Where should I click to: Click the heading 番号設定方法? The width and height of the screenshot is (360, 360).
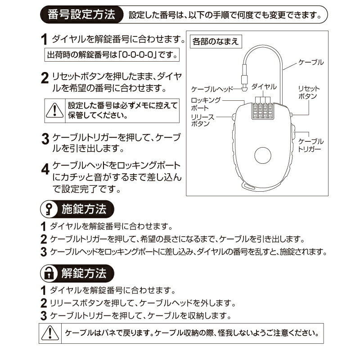tap(81, 15)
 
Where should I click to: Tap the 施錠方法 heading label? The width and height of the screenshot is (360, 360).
tap(85, 210)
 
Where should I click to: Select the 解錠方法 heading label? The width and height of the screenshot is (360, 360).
tap(85, 273)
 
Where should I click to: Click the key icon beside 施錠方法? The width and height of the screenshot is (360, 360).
tap(48, 210)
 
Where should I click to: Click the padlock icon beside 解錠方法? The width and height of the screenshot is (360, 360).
tap(48, 273)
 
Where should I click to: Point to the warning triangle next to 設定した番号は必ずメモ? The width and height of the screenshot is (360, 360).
tap(54, 109)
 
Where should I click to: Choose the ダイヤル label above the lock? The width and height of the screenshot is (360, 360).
tap(264, 85)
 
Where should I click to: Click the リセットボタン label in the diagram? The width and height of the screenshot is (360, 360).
tap(309, 92)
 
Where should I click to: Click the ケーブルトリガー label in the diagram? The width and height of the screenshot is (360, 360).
tap(311, 144)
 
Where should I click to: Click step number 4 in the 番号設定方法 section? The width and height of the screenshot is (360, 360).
tap(45, 170)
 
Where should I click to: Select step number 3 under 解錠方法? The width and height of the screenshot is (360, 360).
tap(44, 316)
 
